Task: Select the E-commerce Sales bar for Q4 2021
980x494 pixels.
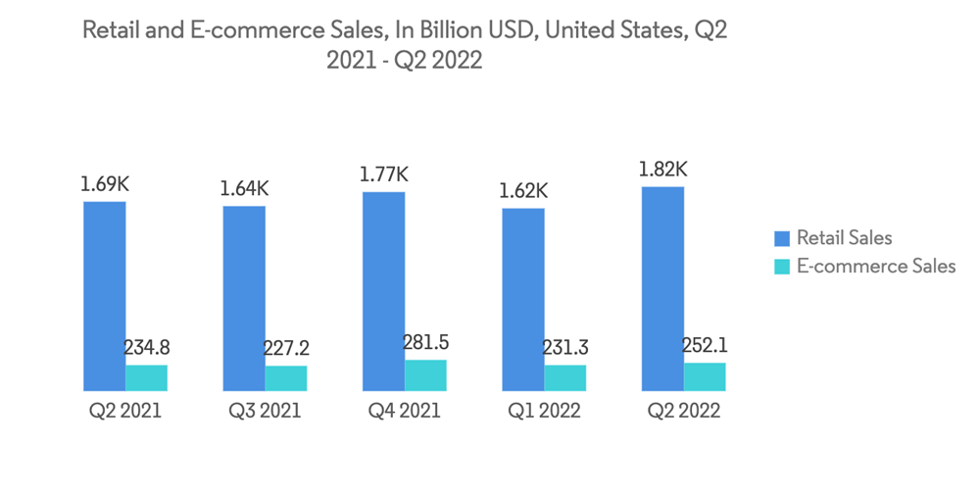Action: point(425,375)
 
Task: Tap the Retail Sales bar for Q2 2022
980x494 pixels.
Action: point(662,288)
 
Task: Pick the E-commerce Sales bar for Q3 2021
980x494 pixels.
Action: point(286,378)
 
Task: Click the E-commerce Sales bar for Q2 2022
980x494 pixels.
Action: point(705,376)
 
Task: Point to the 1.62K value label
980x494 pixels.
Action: point(522,190)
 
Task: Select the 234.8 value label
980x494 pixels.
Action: point(147,347)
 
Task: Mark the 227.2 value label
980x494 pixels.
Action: point(286,348)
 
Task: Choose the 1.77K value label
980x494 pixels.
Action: point(383,174)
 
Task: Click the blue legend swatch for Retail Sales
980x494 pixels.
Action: point(782,238)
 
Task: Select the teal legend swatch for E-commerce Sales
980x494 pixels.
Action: point(782,266)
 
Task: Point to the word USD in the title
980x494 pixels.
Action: point(505,30)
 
